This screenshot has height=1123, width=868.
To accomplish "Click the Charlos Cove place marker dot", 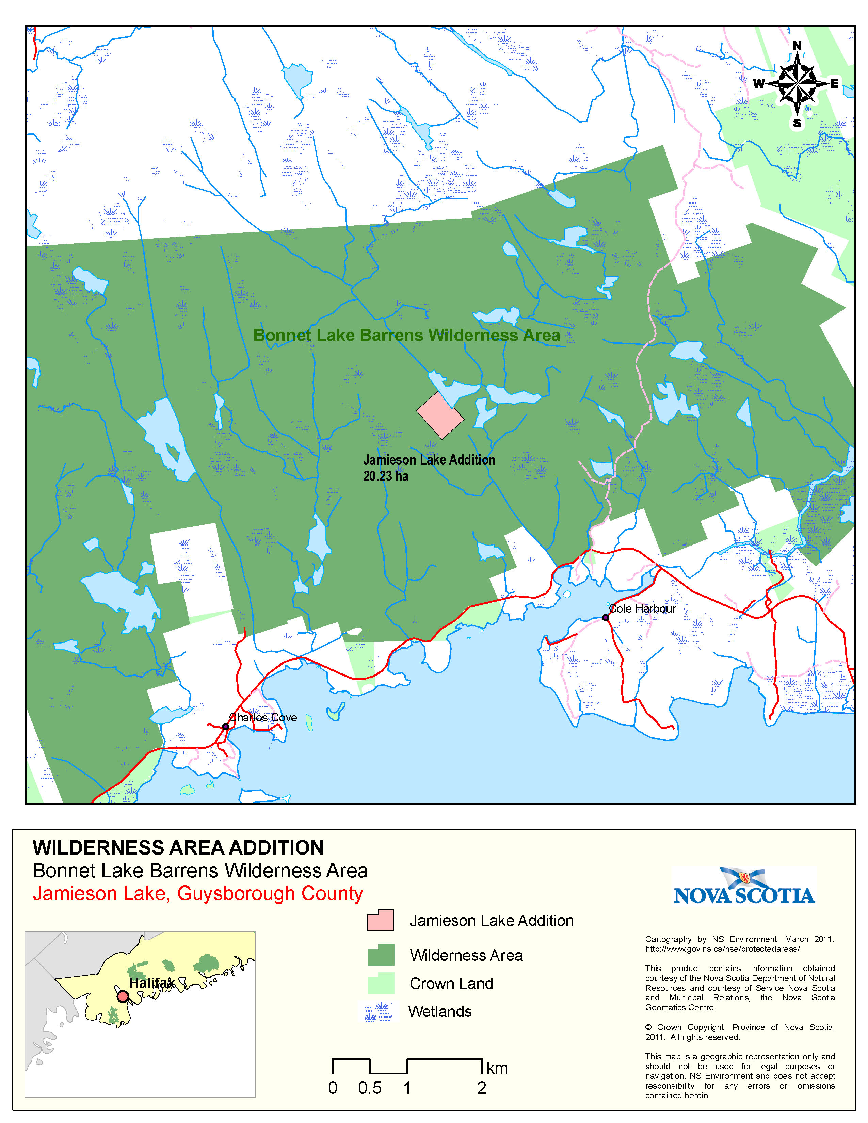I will (x=225, y=727).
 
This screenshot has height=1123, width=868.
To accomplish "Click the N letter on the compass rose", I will (x=797, y=46).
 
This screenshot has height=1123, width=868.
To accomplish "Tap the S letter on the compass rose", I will (x=797, y=124).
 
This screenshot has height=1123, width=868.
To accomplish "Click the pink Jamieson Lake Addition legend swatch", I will (x=381, y=921).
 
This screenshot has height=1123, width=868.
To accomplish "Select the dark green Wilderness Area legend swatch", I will (x=381, y=955).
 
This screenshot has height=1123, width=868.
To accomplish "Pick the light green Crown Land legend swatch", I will (x=381, y=983).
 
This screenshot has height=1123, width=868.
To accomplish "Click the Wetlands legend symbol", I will (x=380, y=1011).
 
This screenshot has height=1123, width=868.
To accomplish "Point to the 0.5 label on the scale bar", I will (x=370, y=1088).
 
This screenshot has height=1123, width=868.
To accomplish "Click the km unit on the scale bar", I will (x=497, y=1069).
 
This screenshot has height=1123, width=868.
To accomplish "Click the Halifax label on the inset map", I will (x=152, y=983).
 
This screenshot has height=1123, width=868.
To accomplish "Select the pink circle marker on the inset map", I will (x=123, y=996).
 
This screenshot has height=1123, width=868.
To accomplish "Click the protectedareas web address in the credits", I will (x=722, y=949).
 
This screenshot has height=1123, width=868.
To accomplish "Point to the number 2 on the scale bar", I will (x=481, y=1088).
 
